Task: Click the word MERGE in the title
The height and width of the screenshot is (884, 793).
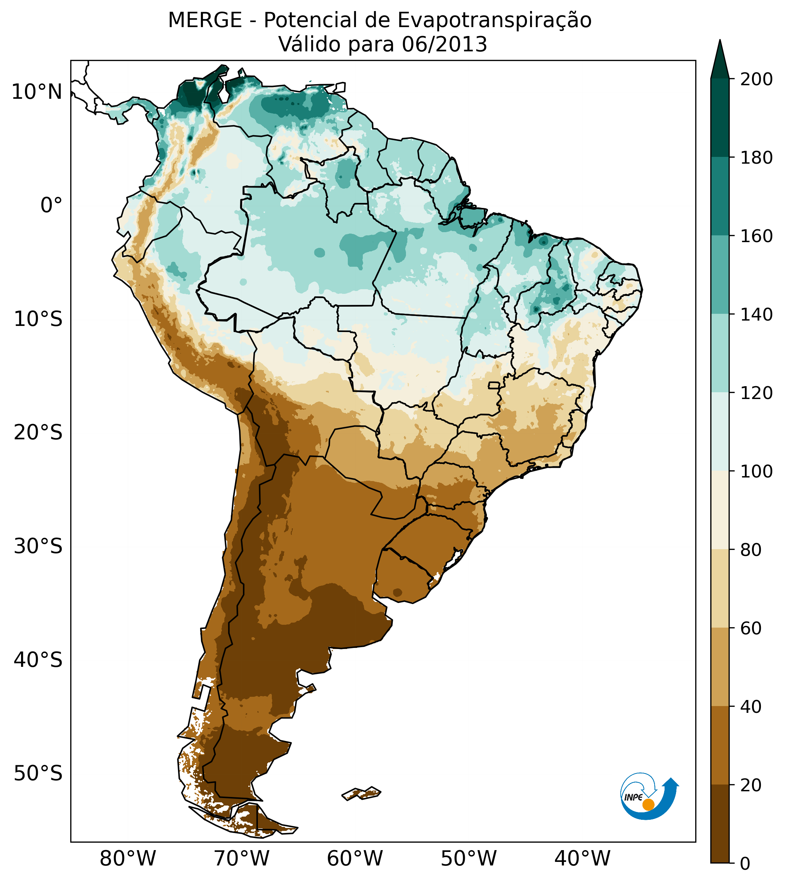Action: tap(205, 20)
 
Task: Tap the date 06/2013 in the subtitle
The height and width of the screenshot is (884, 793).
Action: tap(444, 45)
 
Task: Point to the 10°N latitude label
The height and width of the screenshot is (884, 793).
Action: tap(37, 92)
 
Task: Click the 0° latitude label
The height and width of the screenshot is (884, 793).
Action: tap(51, 205)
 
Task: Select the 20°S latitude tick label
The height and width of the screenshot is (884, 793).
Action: tap(38, 433)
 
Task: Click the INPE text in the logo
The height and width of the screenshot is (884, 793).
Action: tap(633, 797)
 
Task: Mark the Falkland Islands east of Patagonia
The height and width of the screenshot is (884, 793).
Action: tap(362, 793)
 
